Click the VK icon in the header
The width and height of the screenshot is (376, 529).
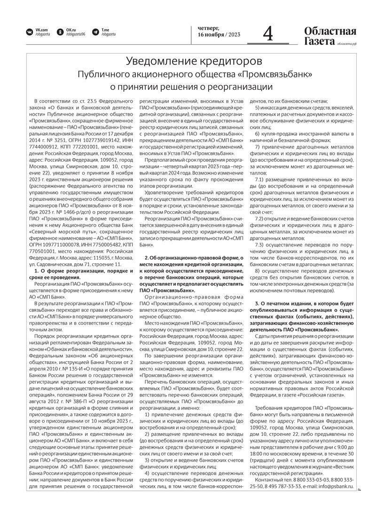(x=29, y=32)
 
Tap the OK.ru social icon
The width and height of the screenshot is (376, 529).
(x=60, y=32)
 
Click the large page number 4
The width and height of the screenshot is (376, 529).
(x=268, y=35)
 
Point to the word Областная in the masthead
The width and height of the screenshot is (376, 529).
(x=330, y=32)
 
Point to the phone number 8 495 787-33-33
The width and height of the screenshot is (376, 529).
(x=283, y=486)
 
